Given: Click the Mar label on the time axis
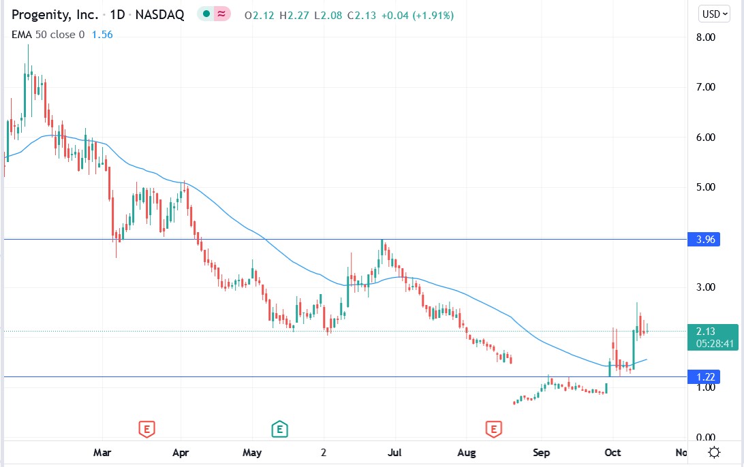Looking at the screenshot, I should click(x=102, y=452).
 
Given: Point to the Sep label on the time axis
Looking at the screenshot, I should click(x=541, y=452).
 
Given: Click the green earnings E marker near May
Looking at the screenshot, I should click(x=279, y=429).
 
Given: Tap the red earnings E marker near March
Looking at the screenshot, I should click(x=146, y=429).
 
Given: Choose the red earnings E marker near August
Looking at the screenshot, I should click(x=493, y=429).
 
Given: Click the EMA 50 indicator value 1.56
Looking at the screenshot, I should click(x=102, y=34).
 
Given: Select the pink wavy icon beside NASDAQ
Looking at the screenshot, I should click(x=221, y=14).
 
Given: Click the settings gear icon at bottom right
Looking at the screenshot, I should click(x=714, y=452).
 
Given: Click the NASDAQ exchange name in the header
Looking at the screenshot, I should click(x=161, y=14).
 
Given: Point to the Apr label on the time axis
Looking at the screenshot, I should click(x=181, y=452).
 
